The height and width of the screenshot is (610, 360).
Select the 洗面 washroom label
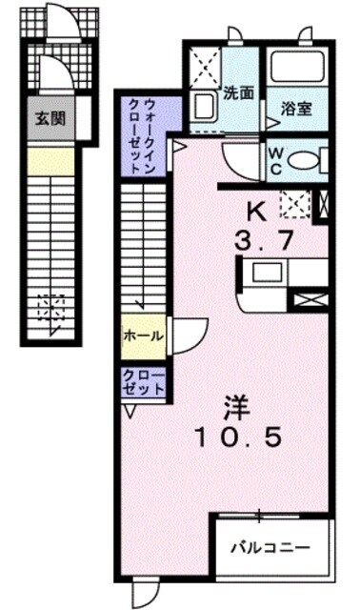pyautogui.click(x=238, y=94)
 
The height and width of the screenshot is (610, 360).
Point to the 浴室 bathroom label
pyautogui.click(x=297, y=109)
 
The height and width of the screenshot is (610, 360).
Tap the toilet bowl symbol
pyautogui.click(x=306, y=158)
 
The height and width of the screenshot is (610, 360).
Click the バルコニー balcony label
pyautogui.click(x=270, y=549)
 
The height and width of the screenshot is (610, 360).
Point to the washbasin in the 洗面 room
pyautogui.click(x=203, y=104)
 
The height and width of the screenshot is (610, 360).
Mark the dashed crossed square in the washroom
pyautogui.click(x=204, y=66)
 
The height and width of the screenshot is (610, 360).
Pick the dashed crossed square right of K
pyautogui.click(x=294, y=204)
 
